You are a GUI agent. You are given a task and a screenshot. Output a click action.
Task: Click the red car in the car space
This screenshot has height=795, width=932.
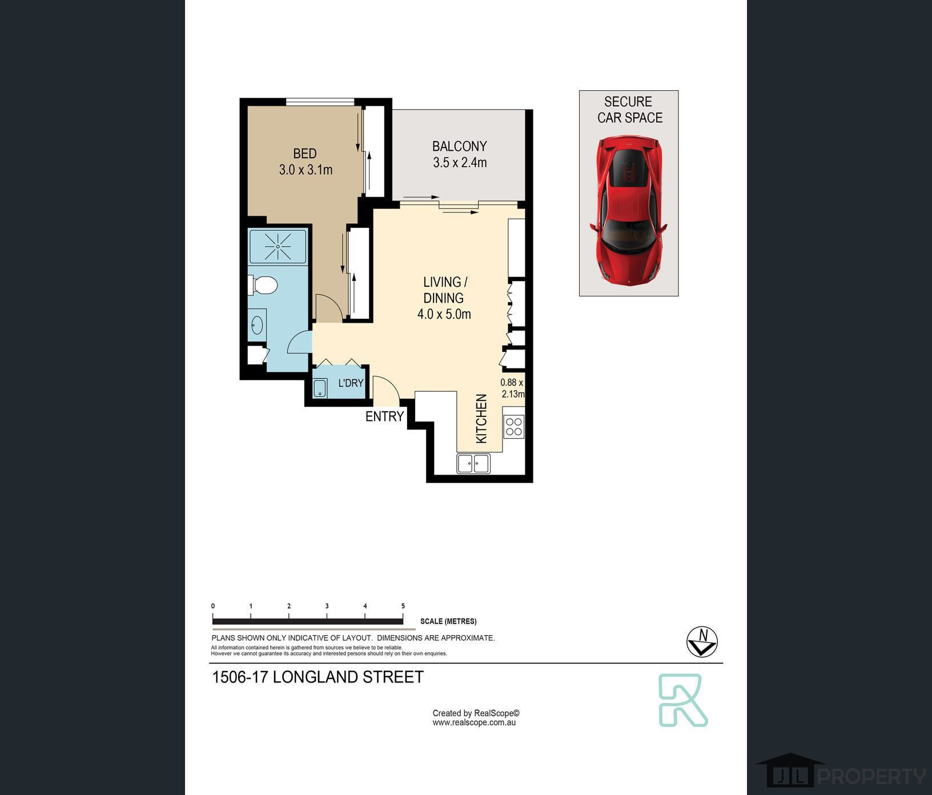[x=628, y=210]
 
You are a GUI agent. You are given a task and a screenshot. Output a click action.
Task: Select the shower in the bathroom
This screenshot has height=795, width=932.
[x=278, y=246]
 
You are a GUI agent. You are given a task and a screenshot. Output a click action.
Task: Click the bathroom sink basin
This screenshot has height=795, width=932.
[x=257, y=325]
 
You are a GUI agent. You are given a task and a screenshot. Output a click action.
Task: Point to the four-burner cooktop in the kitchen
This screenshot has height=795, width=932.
[x=514, y=426]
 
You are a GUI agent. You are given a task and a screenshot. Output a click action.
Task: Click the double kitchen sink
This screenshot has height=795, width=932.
[x=473, y=463]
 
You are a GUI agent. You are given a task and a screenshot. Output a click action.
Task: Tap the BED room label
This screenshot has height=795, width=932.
[x=305, y=154]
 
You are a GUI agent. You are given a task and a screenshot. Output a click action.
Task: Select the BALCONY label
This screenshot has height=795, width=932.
[x=459, y=146]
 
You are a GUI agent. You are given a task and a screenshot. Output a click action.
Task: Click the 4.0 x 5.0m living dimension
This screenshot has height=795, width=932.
[x=444, y=314]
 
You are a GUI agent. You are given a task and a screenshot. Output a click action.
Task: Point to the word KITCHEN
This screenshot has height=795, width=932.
[x=481, y=419]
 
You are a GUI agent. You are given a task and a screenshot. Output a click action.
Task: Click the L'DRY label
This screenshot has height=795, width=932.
[x=351, y=383]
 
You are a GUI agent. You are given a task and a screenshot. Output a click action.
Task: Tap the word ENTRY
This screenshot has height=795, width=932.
[x=384, y=417]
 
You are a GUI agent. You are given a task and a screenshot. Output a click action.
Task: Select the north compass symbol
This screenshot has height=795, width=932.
[x=702, y=642]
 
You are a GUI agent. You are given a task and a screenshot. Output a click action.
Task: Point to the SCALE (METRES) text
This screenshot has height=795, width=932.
[x=448, y=621]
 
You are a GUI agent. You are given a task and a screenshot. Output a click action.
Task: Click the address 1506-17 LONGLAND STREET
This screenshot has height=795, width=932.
[x=318, y=677]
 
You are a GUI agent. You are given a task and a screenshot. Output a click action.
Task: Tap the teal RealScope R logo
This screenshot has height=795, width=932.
[x=683, y=700]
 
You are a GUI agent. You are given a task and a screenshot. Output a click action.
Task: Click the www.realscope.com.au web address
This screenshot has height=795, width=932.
[x=474, y=722]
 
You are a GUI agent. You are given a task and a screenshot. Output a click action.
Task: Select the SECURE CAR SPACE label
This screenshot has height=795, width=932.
[x=629, y=110]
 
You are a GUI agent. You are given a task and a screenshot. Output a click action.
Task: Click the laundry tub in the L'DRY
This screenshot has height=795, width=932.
[x=320, y=388]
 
